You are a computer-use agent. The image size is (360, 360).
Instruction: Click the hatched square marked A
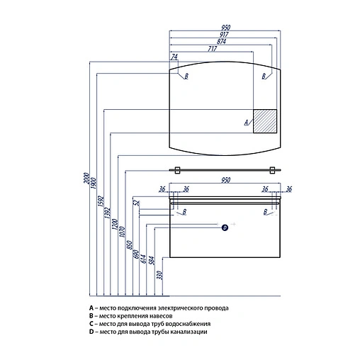coord(265,121)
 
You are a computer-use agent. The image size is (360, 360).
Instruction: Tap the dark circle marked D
coord(225,227)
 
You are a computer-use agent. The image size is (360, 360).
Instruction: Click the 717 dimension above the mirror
coord(213,49)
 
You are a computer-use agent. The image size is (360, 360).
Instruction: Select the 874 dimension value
coord(221,42)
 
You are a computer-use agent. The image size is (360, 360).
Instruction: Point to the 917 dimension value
coord(224,35)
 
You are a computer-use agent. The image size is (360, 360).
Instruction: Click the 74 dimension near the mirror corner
coord(174,57)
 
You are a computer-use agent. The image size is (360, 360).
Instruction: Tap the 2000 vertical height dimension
coord(86,179)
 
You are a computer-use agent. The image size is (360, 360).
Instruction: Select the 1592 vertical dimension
coord(101,201)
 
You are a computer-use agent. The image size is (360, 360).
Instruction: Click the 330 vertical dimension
coord(160,275)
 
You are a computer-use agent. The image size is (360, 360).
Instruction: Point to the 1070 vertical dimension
coord(122,232)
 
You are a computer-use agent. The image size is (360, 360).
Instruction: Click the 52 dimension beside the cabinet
coord(137,203)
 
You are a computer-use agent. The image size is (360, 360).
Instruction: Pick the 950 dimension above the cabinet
coord(225,180)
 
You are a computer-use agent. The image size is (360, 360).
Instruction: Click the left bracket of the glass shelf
coord(177,170)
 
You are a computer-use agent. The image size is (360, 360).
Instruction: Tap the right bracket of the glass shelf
coord(272,170)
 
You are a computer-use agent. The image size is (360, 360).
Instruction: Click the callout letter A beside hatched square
coord(246,123)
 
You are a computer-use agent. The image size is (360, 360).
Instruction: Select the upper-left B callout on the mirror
coord(186,76)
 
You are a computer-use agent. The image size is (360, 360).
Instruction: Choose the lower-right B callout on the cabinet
coord(265,212)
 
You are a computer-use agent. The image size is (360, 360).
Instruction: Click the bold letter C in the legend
coord(91,324)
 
